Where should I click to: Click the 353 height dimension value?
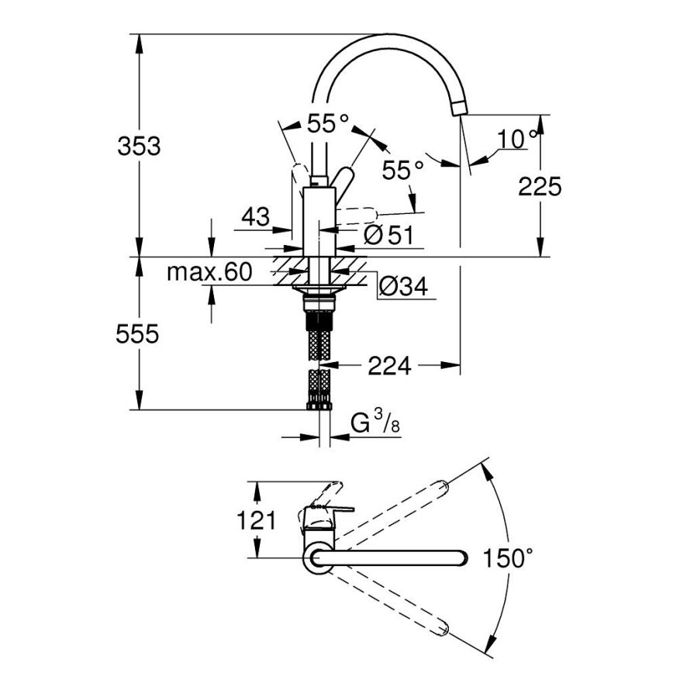139,145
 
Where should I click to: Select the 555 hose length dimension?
139,334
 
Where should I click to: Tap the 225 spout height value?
539,186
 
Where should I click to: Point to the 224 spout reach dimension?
388,365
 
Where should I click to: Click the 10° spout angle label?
517,140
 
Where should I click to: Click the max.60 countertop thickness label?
210,272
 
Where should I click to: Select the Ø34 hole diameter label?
402,288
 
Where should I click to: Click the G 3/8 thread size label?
373,423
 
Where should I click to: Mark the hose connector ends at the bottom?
319,404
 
